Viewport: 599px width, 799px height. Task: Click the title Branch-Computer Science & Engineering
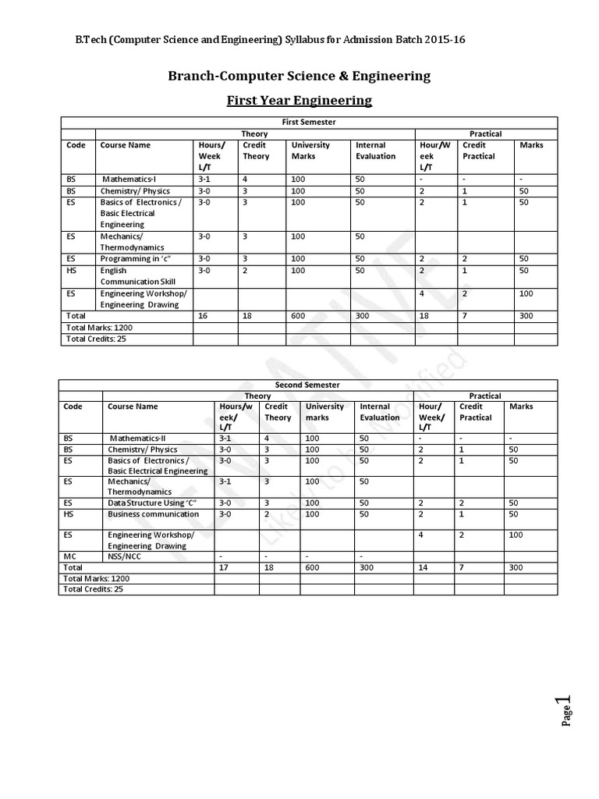(x=299, y=76)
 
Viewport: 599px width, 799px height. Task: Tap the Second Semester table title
(x=309, y=385)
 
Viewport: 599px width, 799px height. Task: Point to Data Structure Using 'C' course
(x=151, y=503)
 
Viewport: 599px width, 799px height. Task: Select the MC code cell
(x=70, y=557)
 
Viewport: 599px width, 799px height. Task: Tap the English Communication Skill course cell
(x=137, y=275)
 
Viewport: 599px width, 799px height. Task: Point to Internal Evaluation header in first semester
(x=375, y=151)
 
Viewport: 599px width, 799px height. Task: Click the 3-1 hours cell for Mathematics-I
(x=205, y=179)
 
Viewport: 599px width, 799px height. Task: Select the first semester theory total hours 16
(x=204, y=316)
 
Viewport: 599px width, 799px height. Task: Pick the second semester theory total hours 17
(x=225, y=568)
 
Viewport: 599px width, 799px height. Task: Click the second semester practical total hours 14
(x=424, y=568)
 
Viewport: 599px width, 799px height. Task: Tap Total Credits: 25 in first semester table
(x=95, y=339)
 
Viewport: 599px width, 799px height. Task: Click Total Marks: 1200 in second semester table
(x=98, y=579)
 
